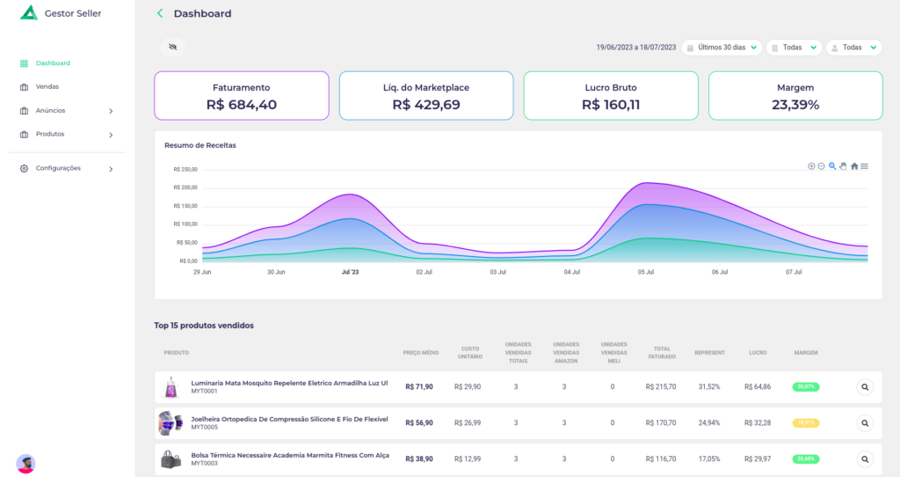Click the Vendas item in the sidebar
click(x=47, y=87)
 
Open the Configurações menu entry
click(x=58, y=168)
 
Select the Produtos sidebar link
click(x=50, y=135)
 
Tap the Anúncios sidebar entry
click(x=50, y=111)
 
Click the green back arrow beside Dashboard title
click(x=160, y=14)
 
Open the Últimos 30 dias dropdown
click(x=722, y=48)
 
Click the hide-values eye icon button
click(x=172, y=48)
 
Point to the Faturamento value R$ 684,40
click(x=241, y=105)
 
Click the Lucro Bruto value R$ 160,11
click(x=610, y=105)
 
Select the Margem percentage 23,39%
click(x=795, y=105)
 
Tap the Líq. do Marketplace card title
click(x=425, y=88)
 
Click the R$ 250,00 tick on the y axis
click(x=185, y=169)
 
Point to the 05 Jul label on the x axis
click(x=646, y=272)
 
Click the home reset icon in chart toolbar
click(x=853, y=166)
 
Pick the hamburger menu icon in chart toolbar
click(x=865, y=166)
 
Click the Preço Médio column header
click(x=420, y=352)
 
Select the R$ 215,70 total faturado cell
click(x=660, y=386)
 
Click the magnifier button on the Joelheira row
click(x=865, y=423)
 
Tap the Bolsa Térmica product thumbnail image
click(x=170, y=459)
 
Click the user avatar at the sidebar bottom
click(x=25, y=463)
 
